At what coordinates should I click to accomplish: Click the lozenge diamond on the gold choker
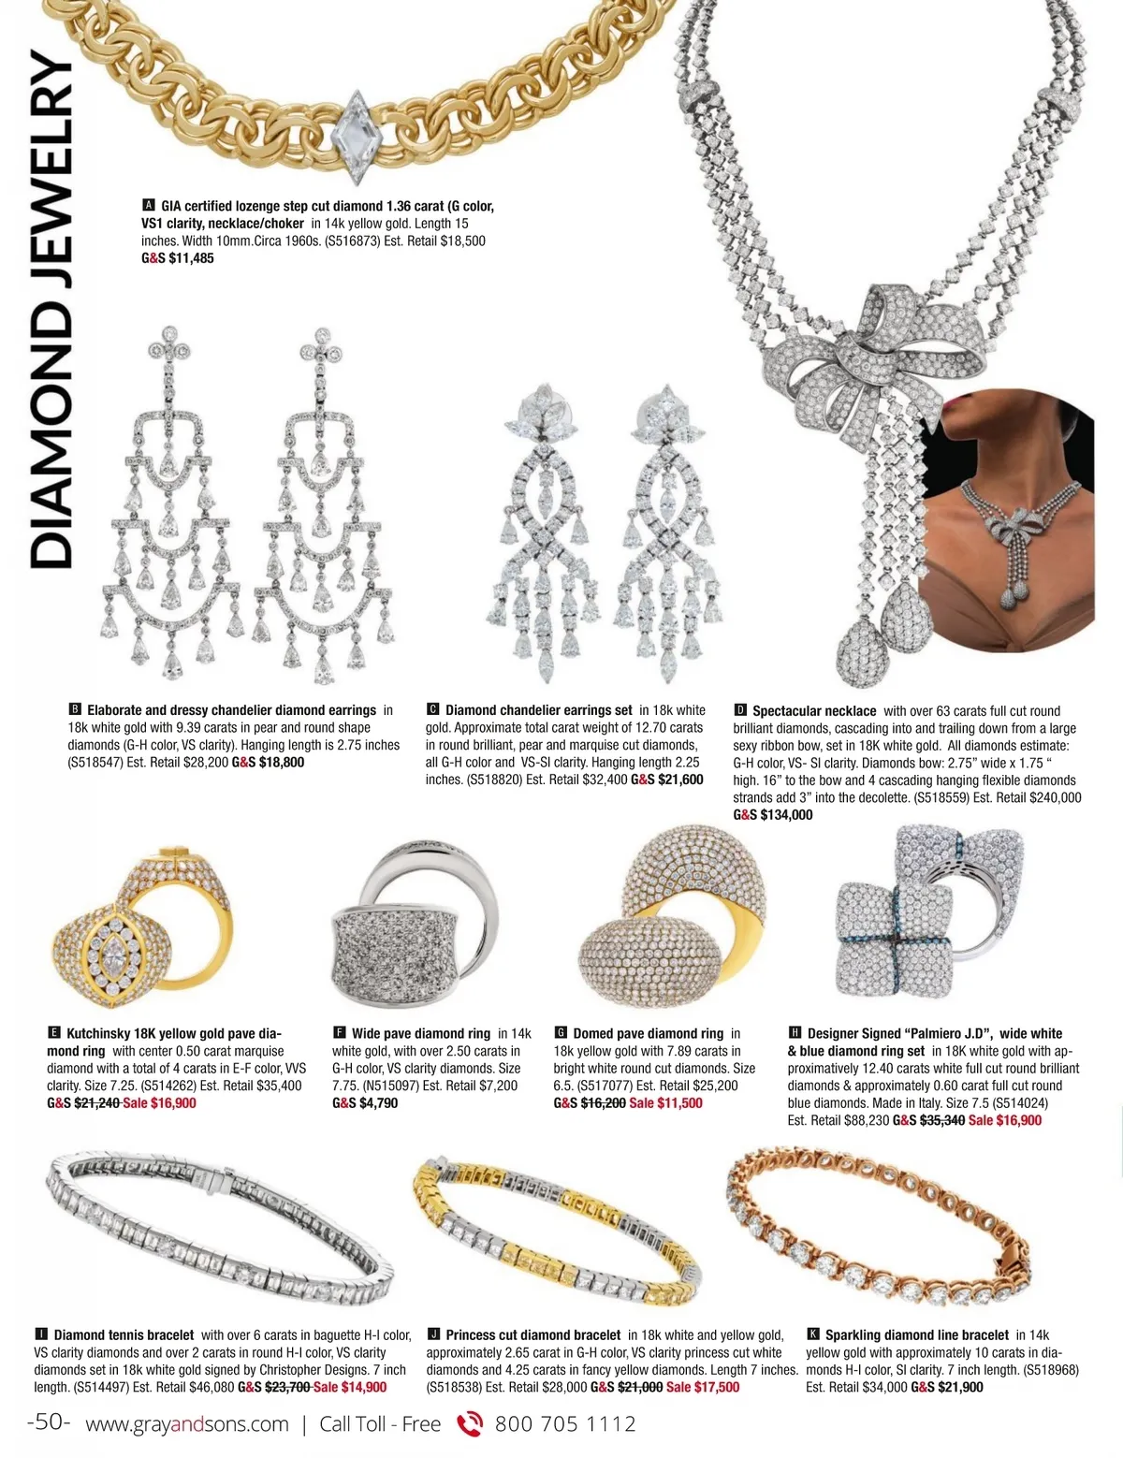pyautogui.click(x=356, y=137)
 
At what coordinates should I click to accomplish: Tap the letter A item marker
pyautogui.click(x=148, y=206)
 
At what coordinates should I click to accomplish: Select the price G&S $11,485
pyautogui.click(x=178, y=258)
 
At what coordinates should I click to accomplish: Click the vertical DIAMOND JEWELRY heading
pyautogui.click(x=51, y=309)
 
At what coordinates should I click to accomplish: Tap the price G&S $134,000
pyautogui.click(x=773, y=815)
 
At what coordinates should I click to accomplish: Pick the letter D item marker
pyautogui.click(x=740, y=711)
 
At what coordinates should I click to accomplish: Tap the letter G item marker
pyautogui.click(x=561, y=1033)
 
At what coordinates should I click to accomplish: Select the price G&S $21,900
pyautogui.click(x=947, y=1387)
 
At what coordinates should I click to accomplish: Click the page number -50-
pyautogui.click(x=50, y=1422)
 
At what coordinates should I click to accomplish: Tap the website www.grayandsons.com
pyautogui.click(x=187, y=1424)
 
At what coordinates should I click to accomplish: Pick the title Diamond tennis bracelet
pyautogui.click(x=124, y=1335)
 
